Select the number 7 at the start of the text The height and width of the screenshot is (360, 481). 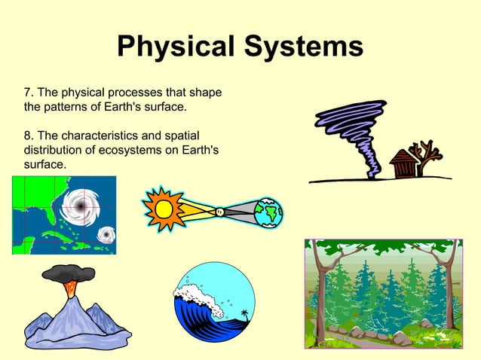point(28,93)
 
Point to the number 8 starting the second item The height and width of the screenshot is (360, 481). point(28,136)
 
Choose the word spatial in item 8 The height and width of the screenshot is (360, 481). point(177,136)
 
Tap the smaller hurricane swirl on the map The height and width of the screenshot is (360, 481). point(106,236)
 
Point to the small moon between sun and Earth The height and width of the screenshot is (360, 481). point(219,212)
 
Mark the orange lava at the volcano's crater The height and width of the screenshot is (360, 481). point(70,288)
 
